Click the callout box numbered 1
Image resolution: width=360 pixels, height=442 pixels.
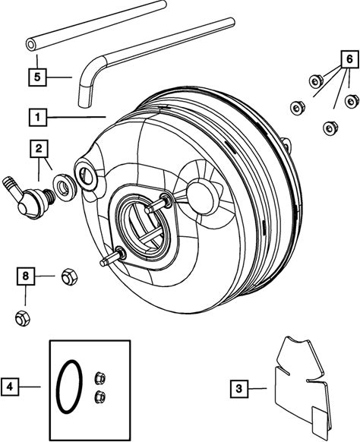point(38,117)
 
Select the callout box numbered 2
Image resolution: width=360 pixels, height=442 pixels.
point(39,148)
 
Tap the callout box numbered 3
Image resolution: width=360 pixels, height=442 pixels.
point(239,389)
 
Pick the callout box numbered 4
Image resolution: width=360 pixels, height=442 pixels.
point(10,387)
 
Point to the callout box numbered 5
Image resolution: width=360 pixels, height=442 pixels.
point(37,77)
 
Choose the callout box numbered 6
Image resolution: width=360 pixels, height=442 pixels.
point(349,59)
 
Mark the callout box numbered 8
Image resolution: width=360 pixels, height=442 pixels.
point(26,276)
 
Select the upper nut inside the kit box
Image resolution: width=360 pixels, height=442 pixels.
point(100,378)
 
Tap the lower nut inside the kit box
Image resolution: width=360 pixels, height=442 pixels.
point(100,396)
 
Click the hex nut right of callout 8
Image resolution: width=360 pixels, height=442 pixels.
point(69,276)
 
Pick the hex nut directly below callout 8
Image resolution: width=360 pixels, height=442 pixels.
point(23,318)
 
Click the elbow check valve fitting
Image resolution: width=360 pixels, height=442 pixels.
point(29,197)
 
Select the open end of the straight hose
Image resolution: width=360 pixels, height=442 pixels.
point(31,45)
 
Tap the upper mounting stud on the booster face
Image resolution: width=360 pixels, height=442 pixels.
point(159,204)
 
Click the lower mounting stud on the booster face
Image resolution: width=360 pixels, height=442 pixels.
point(112,257)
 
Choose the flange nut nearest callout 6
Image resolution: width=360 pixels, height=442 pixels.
point(316,81)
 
